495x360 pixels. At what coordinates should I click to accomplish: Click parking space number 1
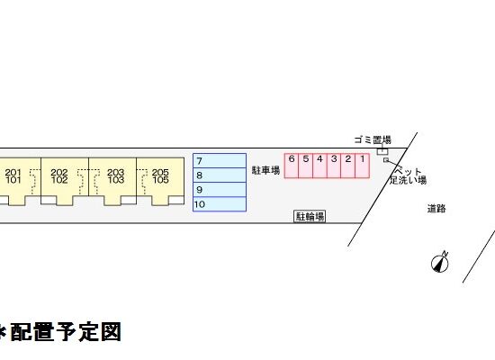(x=362, y=166)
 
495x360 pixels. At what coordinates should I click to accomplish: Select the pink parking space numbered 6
(x=292, y=166)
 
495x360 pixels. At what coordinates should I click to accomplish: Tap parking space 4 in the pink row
(x=319, y=166)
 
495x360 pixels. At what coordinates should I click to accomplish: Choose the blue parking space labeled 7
(x=220, y=161)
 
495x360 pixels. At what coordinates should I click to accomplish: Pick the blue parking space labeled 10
(x=220, y=204)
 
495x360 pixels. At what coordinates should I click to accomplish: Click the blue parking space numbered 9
(x=220, y=190)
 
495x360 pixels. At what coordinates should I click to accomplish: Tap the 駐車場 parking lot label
(x=265, y=170)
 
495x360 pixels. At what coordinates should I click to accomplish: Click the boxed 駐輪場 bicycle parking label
(x=310, y=217)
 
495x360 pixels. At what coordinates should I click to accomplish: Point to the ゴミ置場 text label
(x=373, y=139)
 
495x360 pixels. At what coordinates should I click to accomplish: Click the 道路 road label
(x=436, y=209)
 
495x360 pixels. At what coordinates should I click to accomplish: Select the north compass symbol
(x=440, y=263)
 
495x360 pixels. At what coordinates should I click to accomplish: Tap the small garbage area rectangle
(x=382, y=151)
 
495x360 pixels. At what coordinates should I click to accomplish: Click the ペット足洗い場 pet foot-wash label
(x=408, y=175)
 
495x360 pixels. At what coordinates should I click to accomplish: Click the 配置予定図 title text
(x=66, y=332)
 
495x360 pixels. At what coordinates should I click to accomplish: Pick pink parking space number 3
(x=334, y=166)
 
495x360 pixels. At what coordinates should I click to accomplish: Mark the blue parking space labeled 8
(x=220, y=175)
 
